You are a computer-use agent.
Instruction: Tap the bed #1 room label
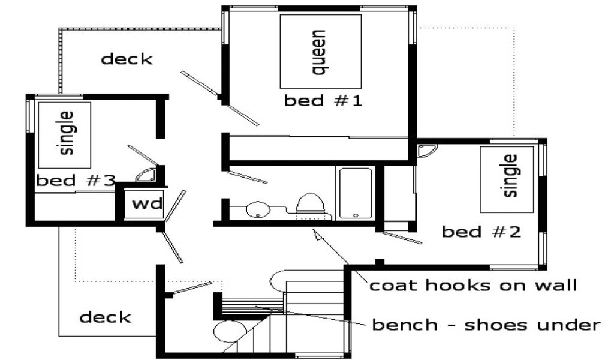point(323,101)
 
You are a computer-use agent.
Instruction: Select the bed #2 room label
point(481,232)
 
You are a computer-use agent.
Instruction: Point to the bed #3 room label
point(75,181)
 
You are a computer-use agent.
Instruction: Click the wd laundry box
point(148,203)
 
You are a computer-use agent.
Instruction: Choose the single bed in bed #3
point(65,134)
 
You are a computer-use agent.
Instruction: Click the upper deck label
point(127,59)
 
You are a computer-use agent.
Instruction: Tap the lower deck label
point(105,317)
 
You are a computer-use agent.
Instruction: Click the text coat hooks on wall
point(472,285)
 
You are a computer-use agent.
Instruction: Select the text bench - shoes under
point(486,325)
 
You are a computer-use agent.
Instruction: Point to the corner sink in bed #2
point(427,151)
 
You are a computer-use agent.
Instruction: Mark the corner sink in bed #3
point(146,175)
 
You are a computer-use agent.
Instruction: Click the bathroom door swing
point(248,177)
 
